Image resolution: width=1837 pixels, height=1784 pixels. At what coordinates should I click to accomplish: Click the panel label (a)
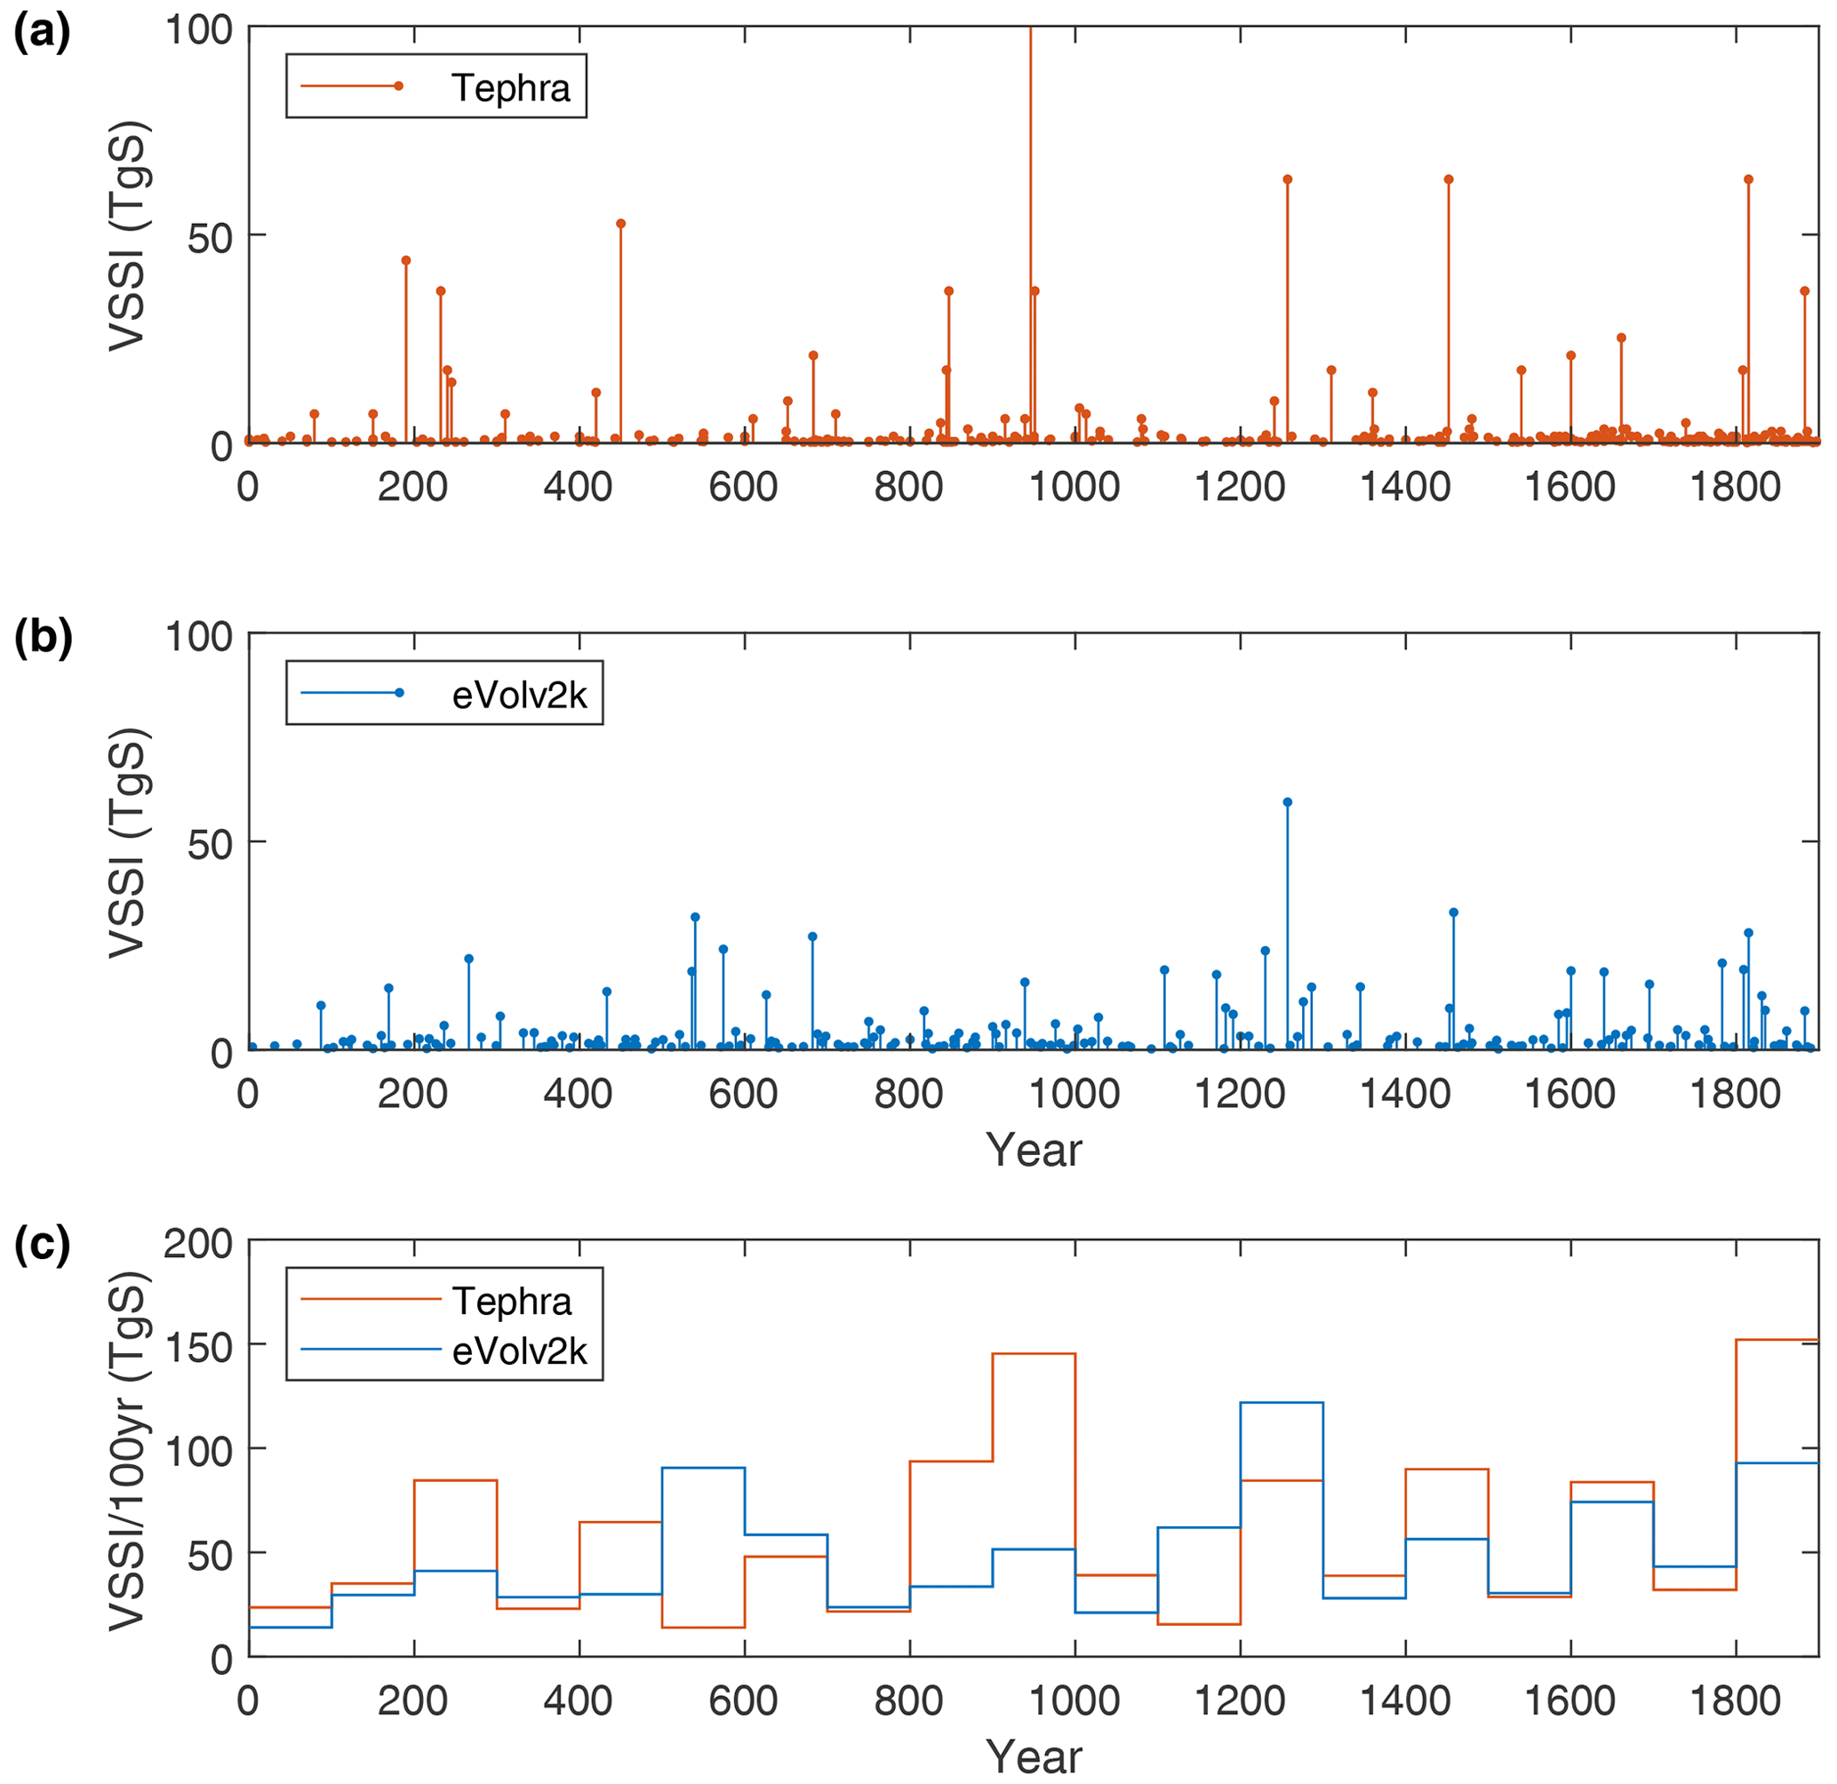[x=41, y=35]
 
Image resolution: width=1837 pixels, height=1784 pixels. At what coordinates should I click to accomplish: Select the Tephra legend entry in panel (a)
[x=435, y=87]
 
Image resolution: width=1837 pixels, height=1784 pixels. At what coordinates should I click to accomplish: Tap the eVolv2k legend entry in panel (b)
[x=443, y=694]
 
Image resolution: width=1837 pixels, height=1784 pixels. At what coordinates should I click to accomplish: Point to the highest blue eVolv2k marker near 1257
[x=1288, y=802]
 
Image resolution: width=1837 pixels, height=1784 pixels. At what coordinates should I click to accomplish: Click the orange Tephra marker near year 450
[x=620, y=224]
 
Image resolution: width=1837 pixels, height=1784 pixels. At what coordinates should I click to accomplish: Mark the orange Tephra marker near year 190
[x=406, y=260]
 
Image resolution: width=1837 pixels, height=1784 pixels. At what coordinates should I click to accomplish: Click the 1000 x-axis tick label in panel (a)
[x=1074, y=487]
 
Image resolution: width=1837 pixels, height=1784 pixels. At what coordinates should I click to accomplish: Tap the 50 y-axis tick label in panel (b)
[x=209, y=843]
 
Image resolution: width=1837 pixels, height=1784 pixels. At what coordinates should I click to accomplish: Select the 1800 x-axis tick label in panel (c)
[x=1736, y=1701]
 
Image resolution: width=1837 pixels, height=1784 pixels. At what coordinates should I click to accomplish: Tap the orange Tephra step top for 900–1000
[x=1034, y=1354]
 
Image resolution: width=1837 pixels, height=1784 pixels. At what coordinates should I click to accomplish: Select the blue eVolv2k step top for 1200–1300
[x=1282, y=1403]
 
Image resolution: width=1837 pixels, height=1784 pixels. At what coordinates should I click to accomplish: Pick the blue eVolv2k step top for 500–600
[x=703, y=1468]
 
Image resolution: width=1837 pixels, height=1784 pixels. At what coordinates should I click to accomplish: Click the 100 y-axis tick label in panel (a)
[x=198, y=30]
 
